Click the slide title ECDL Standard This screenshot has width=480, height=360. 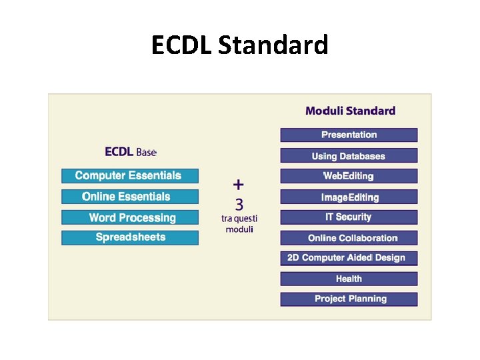point(239,45)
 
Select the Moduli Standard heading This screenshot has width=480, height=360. point(350,111)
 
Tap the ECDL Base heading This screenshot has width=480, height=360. point(131,152)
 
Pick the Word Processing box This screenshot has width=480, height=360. point(130,217)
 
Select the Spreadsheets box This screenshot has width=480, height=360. point(130,237)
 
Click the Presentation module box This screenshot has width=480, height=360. point(349,135)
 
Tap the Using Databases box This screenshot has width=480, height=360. point(349,156)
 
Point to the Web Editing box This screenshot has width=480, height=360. point(349,176)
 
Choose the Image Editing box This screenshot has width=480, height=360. point(349,197)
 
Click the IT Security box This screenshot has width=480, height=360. point(349,217)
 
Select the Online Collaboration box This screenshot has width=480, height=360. point(349,237)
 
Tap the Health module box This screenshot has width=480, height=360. point(349,279)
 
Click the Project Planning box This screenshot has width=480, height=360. point(349,299)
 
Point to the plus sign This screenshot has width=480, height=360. point(239,185)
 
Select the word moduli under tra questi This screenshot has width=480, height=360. point(239,229)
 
